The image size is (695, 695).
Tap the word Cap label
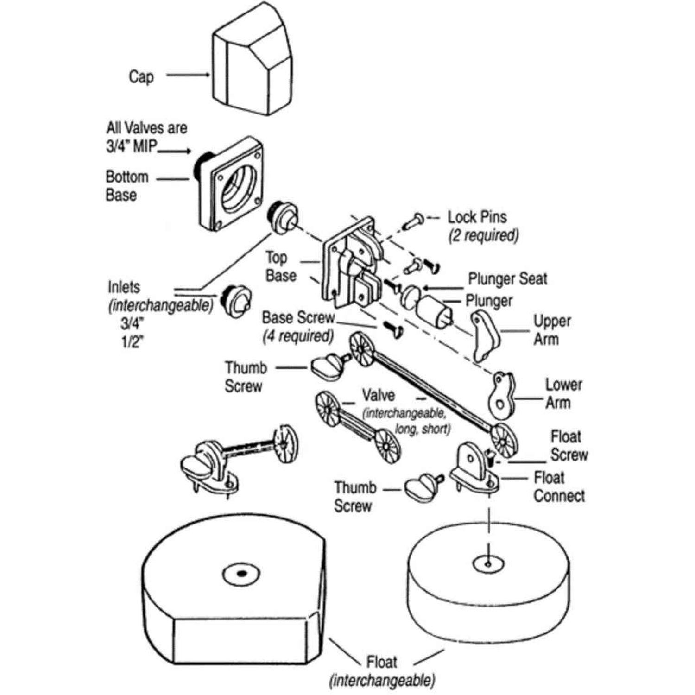[141, 76]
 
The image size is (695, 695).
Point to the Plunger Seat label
[507, 279]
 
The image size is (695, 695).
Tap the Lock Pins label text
[477, 217]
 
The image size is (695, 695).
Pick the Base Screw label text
[298, 318]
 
